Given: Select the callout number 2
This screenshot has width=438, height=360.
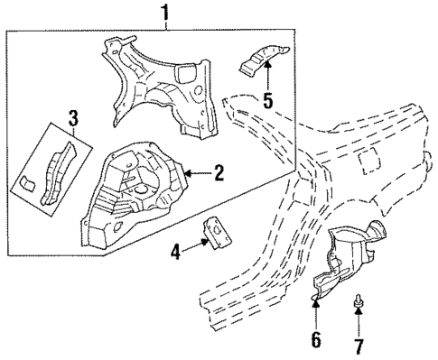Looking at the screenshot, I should (218, 173).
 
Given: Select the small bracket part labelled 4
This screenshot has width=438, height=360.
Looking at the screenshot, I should (217, 231).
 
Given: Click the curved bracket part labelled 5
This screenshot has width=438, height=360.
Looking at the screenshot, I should (261, 60).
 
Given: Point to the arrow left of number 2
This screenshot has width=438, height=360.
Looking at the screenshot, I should (197, 173).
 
